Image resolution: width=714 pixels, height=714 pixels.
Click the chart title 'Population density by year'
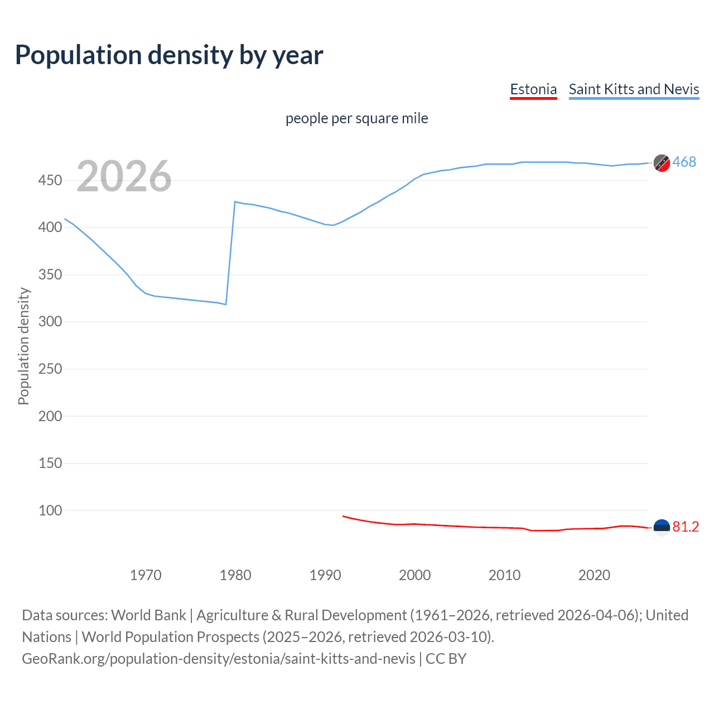tap(169, 55)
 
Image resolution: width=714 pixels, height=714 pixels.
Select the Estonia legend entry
tap(533, 89)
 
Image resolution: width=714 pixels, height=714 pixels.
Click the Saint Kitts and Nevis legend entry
tap(634, 89)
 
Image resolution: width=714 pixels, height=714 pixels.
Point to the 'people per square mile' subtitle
tap(356, 118)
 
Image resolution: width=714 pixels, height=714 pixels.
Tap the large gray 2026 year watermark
tap(124, 176)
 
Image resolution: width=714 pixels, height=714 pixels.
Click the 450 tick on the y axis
tap(50, 180)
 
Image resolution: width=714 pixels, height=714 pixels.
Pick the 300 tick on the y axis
tap(50, 322)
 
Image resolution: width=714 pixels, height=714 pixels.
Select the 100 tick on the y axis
tap(50, 510)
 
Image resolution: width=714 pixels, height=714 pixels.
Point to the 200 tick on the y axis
tap(50, 416)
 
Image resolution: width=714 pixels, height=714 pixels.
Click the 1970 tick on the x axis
tap(146, 575)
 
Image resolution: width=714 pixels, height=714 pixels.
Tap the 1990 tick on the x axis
tap(325, 575)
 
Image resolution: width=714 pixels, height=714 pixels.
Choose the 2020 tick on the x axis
tap(594, 575)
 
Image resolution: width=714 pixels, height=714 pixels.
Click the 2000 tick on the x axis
tap(414, 575)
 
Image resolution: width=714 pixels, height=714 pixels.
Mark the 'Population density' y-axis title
tap(23, 346)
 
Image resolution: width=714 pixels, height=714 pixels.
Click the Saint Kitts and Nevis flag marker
tap(662, 163)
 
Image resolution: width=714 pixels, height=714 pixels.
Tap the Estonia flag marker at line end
tap(662, 527)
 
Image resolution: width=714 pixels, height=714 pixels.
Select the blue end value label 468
tap(684, 162)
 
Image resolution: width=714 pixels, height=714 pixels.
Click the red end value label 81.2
tap(686, 527)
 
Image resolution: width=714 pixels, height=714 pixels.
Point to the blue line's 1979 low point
tap(226, 304)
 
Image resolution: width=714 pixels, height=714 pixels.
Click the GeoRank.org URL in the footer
tap(219, 659)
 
